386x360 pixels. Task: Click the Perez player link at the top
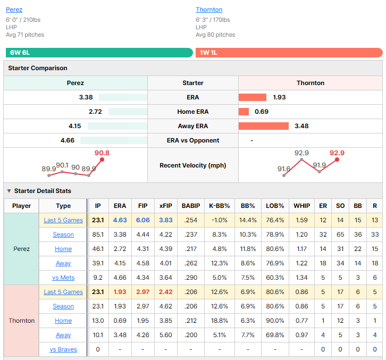[14, 10]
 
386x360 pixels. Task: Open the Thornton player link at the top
[209, 10]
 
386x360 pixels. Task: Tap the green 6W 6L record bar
[99, 53]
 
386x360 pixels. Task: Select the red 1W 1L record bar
[289, 53]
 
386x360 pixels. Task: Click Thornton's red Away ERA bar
[263, 126]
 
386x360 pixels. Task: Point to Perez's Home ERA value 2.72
[95, 112]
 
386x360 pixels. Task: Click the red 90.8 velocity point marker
[102, 160]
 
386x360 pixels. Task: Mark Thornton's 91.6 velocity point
[284, 175]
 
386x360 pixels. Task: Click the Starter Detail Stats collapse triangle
[9, 191]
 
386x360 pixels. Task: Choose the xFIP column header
[166, 206]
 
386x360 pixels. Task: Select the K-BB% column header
[220, 206]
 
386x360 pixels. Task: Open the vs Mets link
[63, 278]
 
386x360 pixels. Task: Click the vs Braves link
[63, 349]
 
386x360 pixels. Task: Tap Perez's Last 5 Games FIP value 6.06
[143, 220]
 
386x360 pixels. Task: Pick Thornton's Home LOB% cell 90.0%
[275, 321]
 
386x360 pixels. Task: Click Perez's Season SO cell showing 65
[340, 235]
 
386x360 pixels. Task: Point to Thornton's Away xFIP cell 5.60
[166, 335]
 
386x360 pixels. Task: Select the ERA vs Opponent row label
[193, 140]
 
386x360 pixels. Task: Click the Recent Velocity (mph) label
[193, 165]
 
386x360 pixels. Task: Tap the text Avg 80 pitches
[215, 35]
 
